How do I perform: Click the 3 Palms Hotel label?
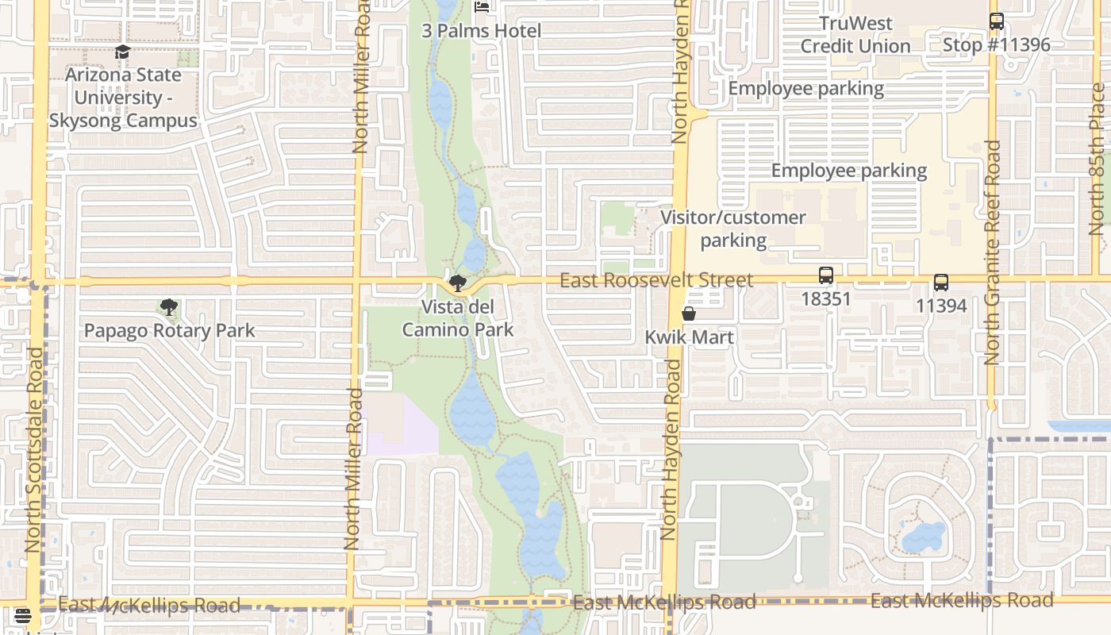pyautogui.click(x=482, y=31)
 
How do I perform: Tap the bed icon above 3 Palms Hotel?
pyautogui.click(x=482, y=7)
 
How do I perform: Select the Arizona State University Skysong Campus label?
pyautogui.click(x=123, y=98)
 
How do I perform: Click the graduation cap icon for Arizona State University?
pyautogui.click(x=122, y=52)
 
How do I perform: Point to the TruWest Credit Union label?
pyautogui.click(x=855, y=35)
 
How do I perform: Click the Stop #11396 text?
pyautogui.click(x=996, y=44)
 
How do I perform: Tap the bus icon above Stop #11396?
pyautogui.click(x=997, y=21)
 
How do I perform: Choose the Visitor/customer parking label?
pyautogui.click(x=733, y=229)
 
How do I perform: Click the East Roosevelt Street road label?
pyautogui.click(x=656, y=280)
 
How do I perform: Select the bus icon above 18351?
pyautogui.click(x=826, y=275)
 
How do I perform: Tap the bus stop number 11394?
pyautogui.click(x=941, y=306)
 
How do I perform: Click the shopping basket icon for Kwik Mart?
pyautogui.click(x=689, y=314)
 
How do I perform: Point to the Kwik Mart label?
pyautogui.click(x=689, y=337)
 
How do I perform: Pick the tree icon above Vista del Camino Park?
pyautogui.click(x=457, y=283)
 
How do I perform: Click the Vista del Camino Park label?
pyautogui.click(x=458, y=318)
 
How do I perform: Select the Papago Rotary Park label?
pyautogui.click(x=169, y=331)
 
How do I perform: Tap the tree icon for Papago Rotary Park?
pyautogui.click(x=168, y=307)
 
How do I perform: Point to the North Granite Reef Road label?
pyautogui.click(x=993, y=252)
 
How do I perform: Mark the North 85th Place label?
pyautogui.click(x=1097, y=159)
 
